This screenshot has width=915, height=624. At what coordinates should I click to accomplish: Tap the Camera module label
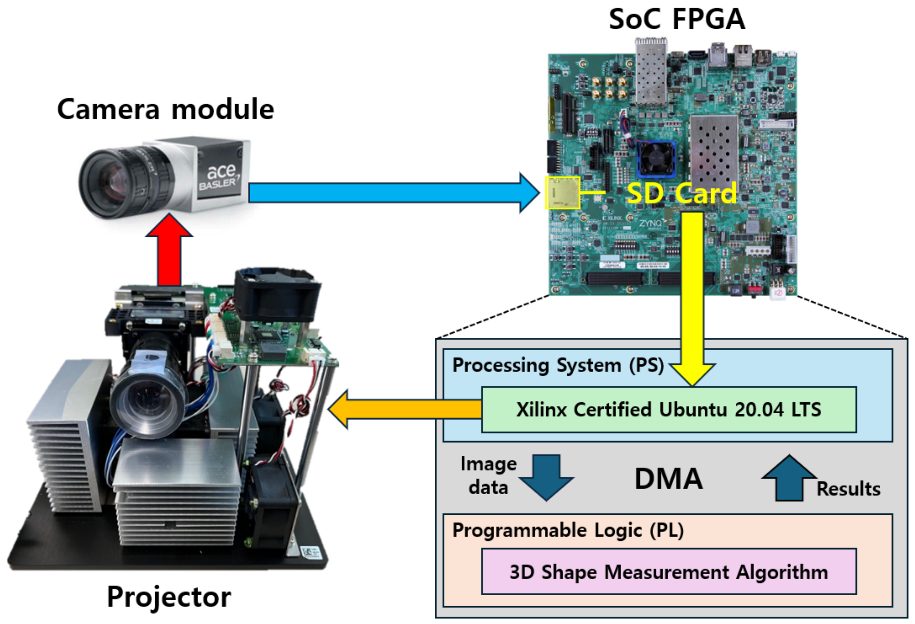[x=166, y=109]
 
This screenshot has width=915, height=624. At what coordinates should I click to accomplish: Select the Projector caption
[x=169, y=597]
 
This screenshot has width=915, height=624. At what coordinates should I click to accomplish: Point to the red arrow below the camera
[x=169, y=252]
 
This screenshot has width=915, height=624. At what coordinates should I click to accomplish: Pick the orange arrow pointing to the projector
[x=406, y=409]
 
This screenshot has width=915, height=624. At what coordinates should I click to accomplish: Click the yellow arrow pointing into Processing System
[x=692, y=299]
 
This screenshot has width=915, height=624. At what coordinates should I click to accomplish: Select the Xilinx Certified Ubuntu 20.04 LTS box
[x=669, y=410]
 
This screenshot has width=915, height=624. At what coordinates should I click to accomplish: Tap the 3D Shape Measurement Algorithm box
[x=669, y=572]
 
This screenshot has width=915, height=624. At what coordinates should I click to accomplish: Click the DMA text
[x=669, y=479]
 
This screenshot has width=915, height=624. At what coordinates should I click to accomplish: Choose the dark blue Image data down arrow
[x=546, y=477]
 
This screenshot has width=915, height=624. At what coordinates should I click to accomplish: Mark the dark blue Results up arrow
[x=789, y=479]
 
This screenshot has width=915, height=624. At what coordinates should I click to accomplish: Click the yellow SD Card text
[x=681, y=192]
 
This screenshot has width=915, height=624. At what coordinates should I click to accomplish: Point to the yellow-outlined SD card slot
[x=562, y=192]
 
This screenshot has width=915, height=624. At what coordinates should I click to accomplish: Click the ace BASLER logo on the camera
[x=220, y=177]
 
